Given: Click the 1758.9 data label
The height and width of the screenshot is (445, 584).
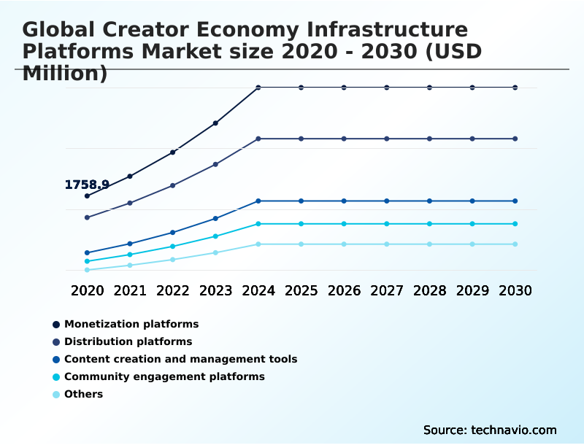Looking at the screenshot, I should coord(87,185).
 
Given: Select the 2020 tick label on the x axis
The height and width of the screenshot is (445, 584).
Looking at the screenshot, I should coord(87,290).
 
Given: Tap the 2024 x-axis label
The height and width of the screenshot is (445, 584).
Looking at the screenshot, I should coord(258,290).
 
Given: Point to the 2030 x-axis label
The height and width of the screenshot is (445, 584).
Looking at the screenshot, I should coord(515,290).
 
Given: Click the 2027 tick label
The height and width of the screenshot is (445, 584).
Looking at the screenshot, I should coord(387,290).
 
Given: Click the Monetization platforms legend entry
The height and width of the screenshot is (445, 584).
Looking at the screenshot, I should coord(131,324).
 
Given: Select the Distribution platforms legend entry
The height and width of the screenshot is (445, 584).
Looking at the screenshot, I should coord(128,341).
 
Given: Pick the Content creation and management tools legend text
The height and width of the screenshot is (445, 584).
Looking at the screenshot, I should coord(180,359).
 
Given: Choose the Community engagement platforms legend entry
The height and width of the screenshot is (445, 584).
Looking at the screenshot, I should coord(164,376).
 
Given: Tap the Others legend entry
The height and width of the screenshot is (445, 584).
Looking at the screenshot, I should coord(83,394).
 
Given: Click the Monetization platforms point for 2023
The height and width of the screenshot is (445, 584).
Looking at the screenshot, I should coord(215,123).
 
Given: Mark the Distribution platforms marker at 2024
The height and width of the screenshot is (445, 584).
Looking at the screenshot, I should coord(258,139).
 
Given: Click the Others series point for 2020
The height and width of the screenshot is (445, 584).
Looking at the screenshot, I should coord(87,270).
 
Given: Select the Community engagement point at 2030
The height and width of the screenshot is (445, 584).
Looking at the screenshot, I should coord(515,224).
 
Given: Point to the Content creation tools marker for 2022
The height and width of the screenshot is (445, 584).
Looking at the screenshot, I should coord(173,232).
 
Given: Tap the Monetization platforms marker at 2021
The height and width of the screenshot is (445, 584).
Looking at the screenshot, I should coord(130,176).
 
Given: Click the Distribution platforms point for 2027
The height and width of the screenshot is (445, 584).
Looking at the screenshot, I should coord(387,139).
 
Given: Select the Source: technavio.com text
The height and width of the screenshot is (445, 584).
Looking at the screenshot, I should coord(490,430).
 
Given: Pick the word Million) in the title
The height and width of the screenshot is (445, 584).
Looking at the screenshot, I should coord(65,74).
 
